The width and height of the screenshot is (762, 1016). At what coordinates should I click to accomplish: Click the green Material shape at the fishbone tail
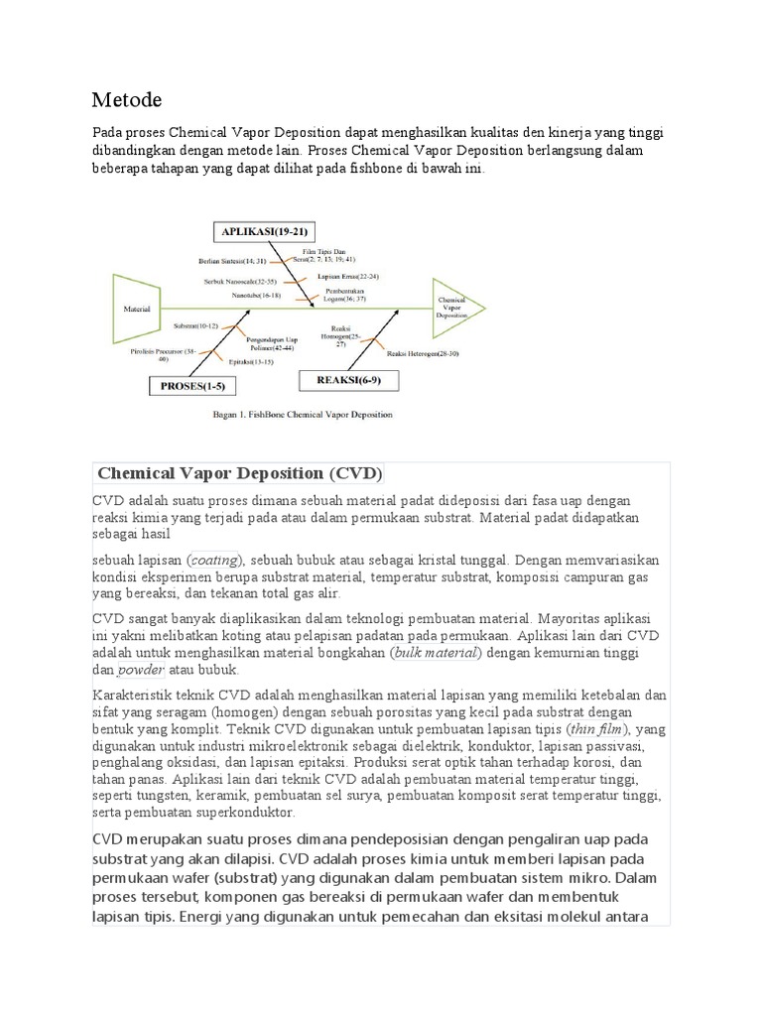[x=136, y=309]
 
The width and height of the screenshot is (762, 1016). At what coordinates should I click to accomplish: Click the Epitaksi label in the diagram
[x=250, y=362]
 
